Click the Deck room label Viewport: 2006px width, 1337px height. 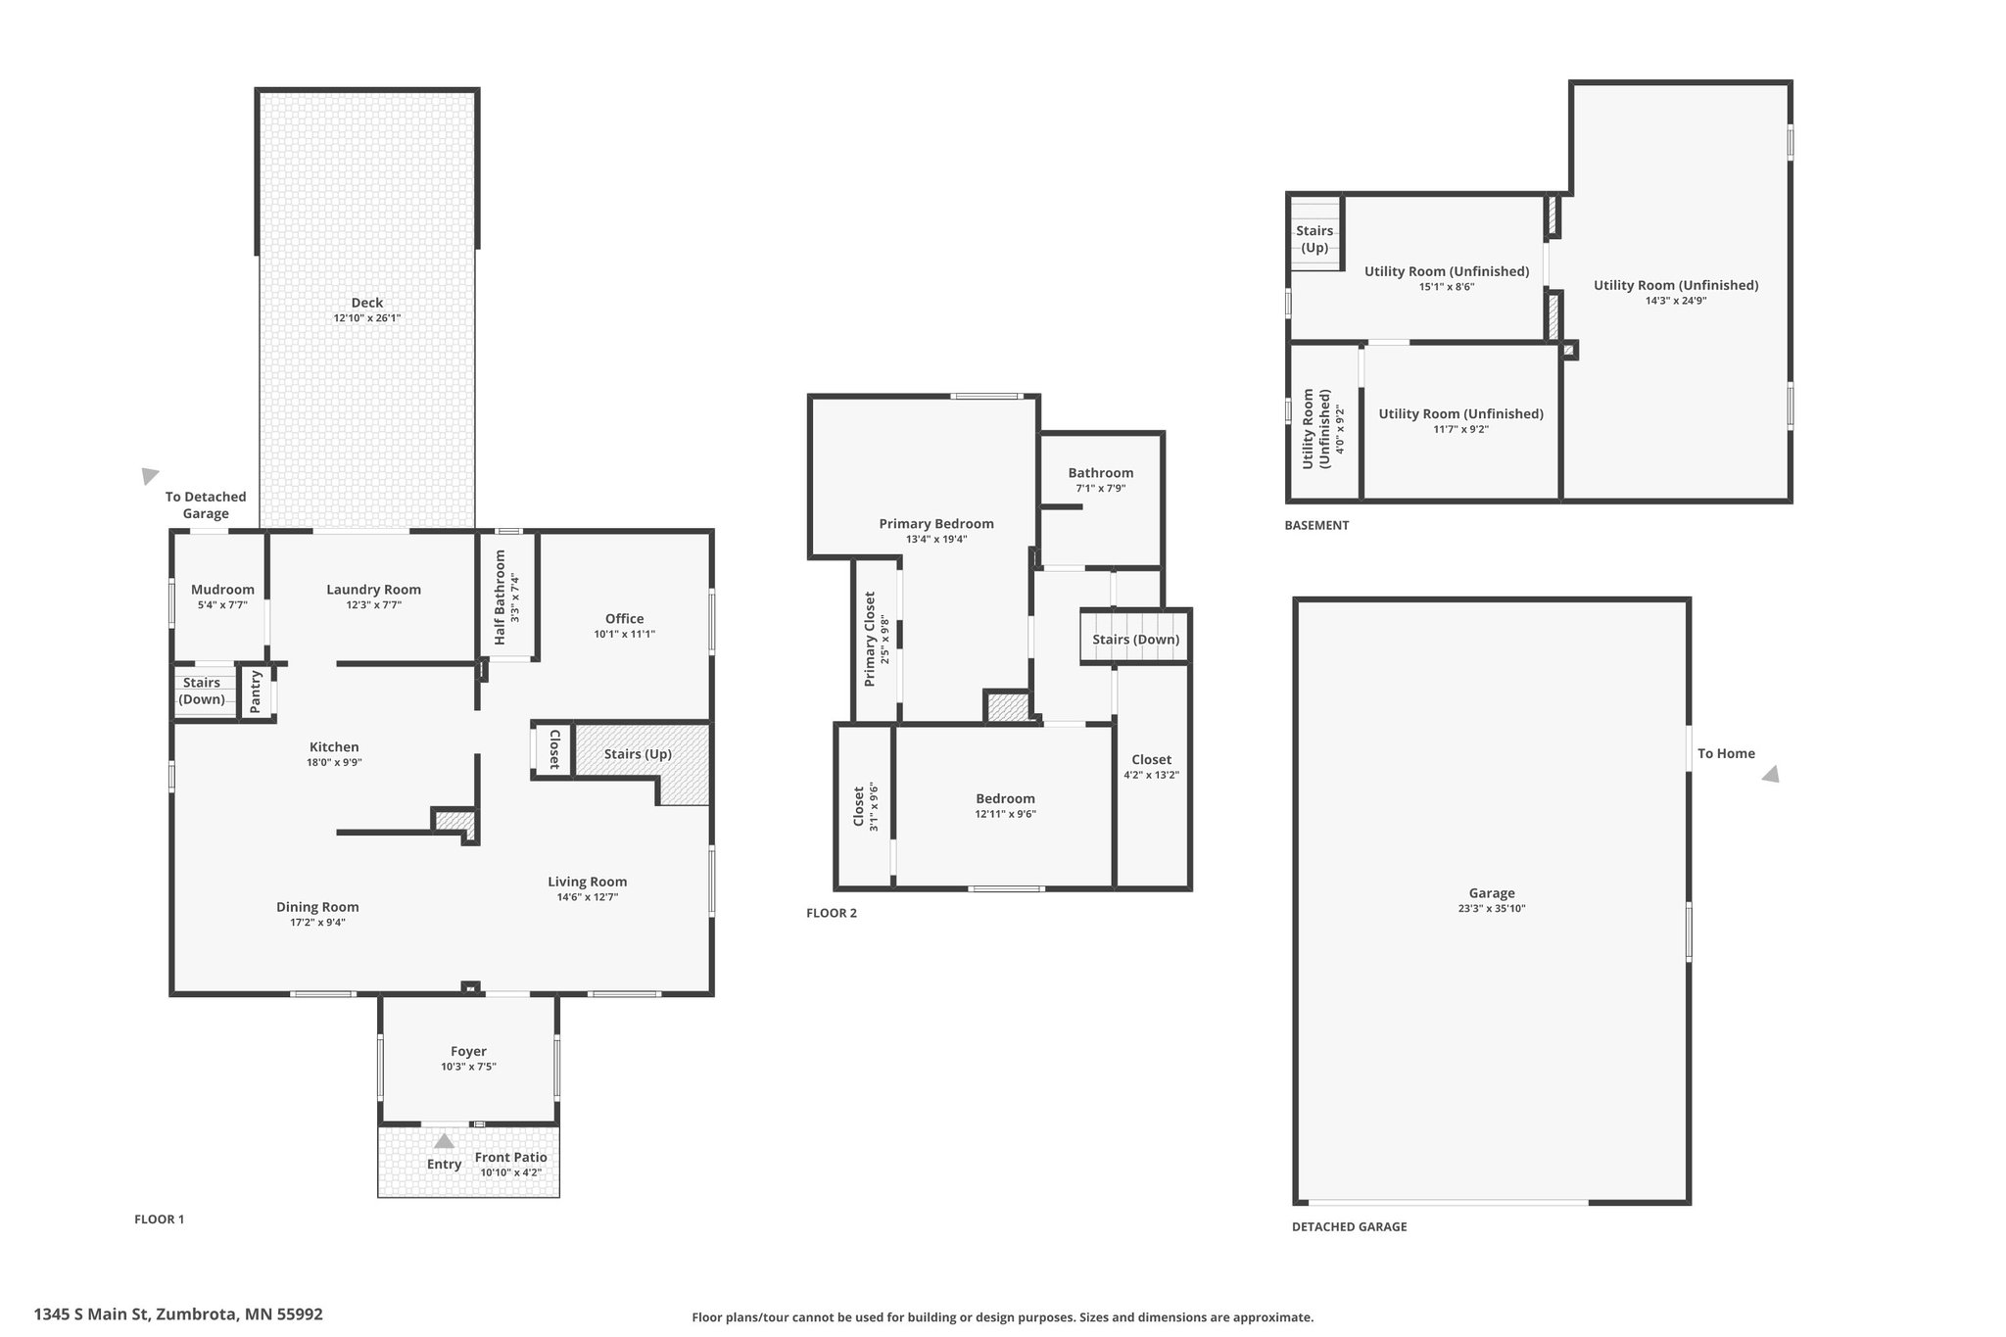(367, 303)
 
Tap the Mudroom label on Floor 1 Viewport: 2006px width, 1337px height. (222, 590)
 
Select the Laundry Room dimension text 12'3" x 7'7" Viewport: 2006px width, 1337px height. (373, 605)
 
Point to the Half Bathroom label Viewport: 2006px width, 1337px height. (500, 597)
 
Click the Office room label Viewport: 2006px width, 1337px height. (625, 619)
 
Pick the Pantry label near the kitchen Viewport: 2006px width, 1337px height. (256, 691)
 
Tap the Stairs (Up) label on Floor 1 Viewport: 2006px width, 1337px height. (638, 754)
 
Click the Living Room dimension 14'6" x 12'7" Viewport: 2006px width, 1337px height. (588, 897)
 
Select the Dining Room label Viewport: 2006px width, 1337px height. (317, 907)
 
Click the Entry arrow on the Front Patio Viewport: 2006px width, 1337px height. (444, 1140)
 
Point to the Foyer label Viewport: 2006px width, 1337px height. (469, 1051)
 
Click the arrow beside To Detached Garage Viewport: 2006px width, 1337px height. (149, 476)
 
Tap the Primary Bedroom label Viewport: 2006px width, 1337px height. (936, 524)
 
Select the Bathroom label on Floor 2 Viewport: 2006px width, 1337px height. (1101, 473)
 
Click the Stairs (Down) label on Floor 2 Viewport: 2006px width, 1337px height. (1136, 640)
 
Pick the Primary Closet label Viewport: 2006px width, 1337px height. (870, 639)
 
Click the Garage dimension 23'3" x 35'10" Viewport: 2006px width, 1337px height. (1492, 909)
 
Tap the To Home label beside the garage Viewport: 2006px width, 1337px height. (1726, 753)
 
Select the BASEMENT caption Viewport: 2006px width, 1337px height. (1316, 525)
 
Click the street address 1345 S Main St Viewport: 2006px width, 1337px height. (92, 1314)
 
